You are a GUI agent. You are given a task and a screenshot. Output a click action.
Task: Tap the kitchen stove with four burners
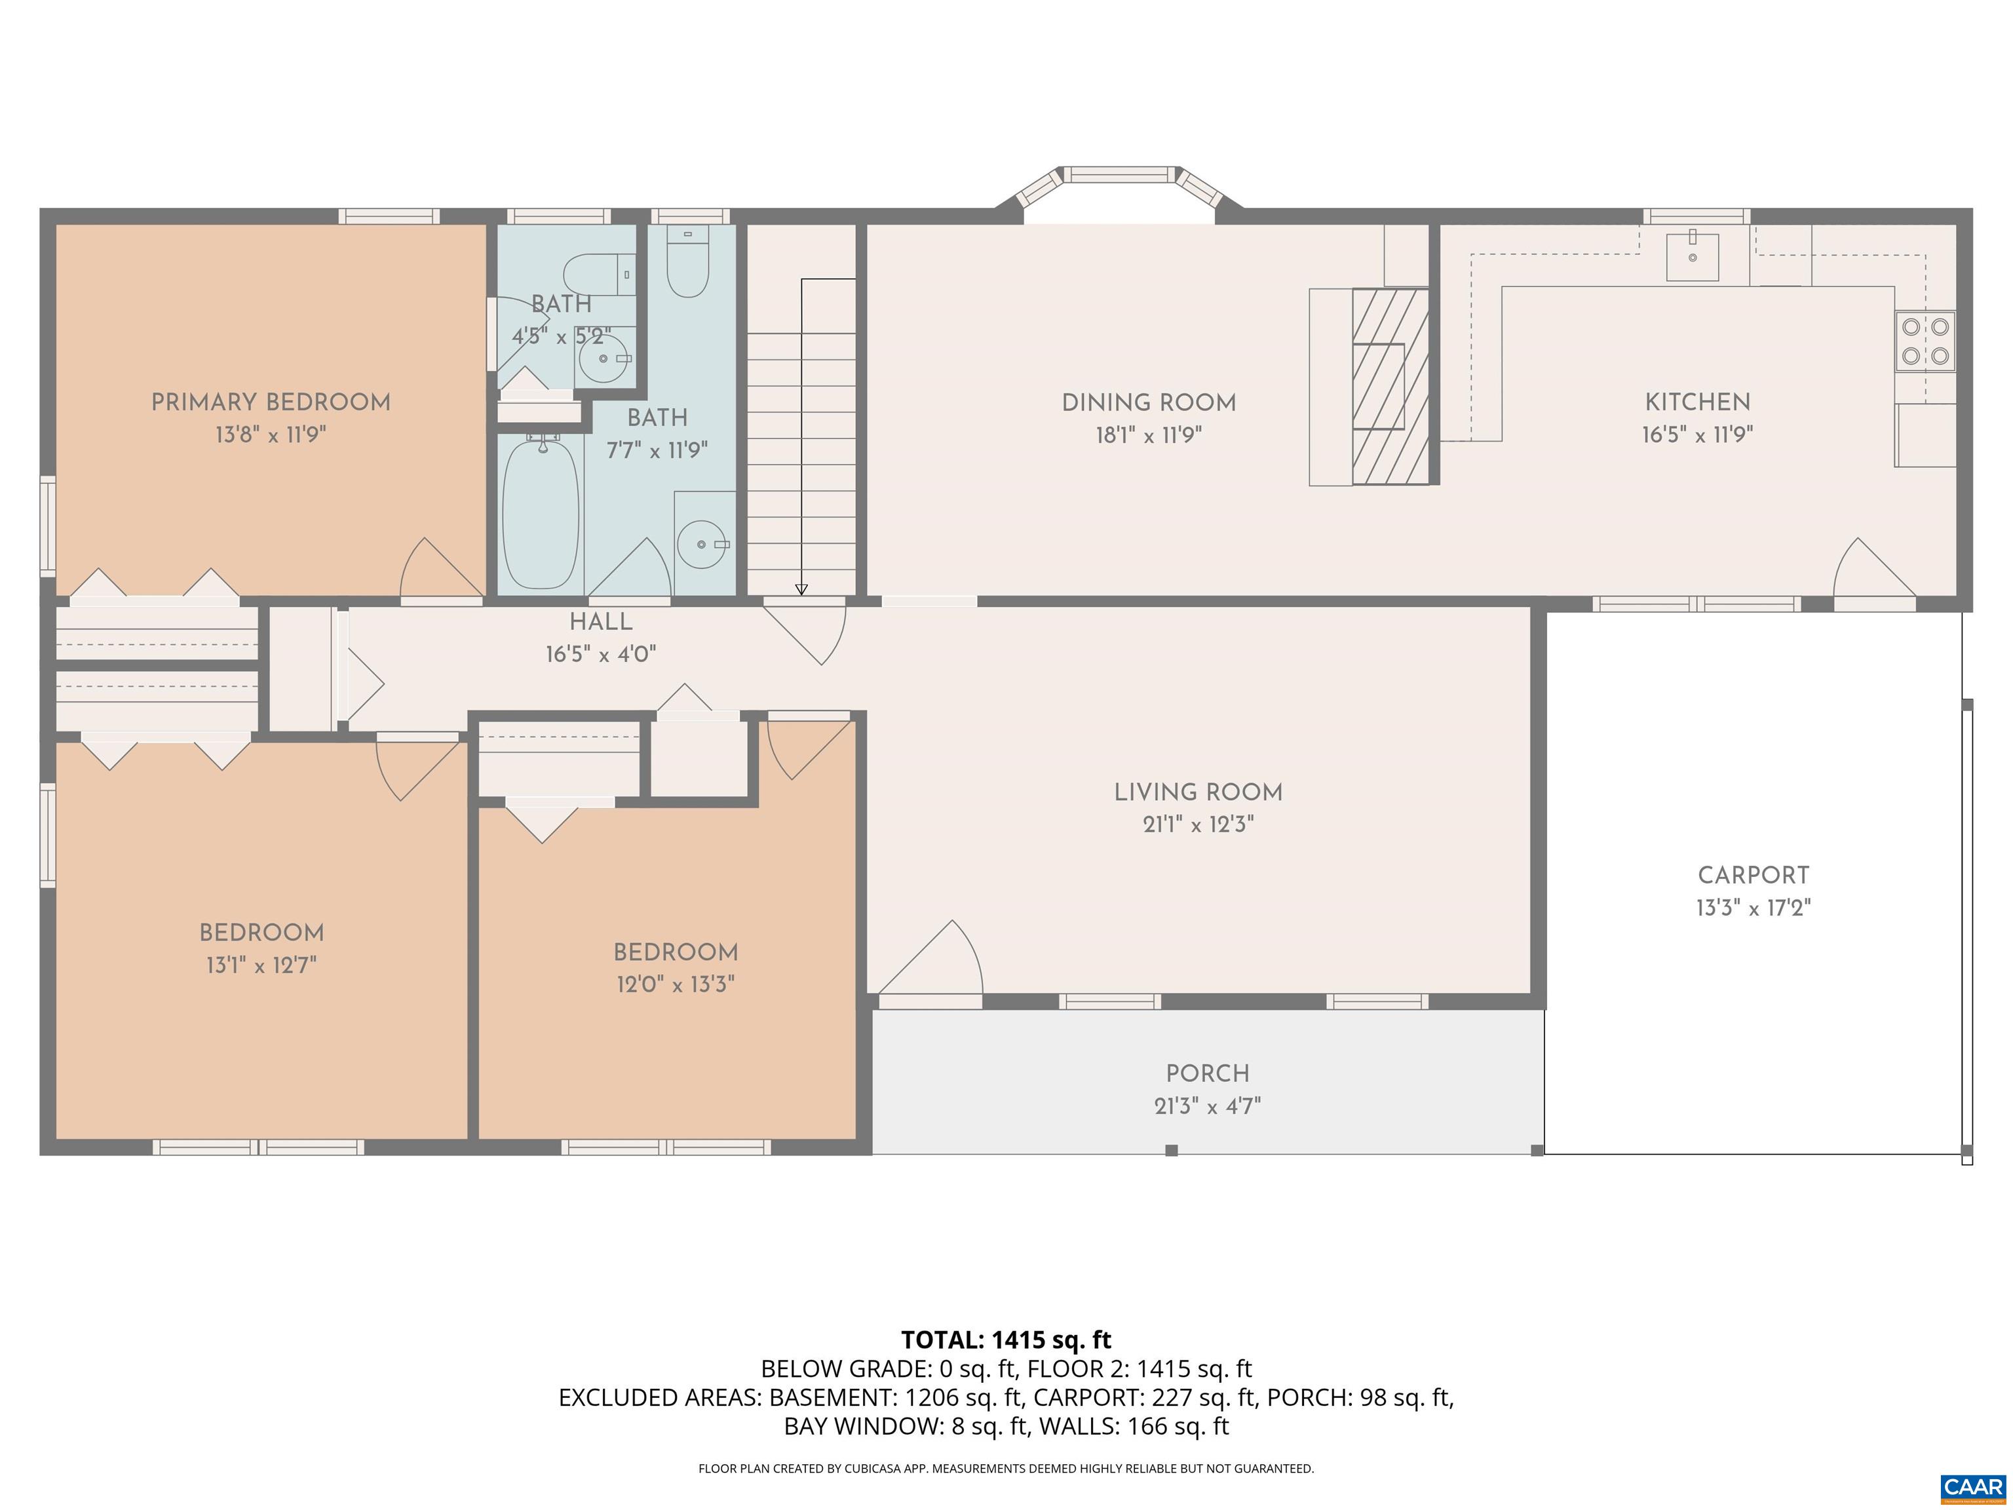(1925, 341)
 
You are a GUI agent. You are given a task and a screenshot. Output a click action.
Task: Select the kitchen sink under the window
(1692, 257)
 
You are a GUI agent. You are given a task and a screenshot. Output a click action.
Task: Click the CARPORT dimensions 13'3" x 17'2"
(1753, 908)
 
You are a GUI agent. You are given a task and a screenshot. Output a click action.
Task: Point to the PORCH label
(1207, 1073)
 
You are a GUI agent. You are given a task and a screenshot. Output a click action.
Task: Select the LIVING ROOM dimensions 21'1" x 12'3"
(1198, 824)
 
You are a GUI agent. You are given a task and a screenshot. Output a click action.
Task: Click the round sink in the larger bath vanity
(702, 544)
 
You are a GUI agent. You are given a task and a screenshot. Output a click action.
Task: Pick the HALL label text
(601, 622)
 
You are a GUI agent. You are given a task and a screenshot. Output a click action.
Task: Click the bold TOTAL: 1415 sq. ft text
(1006, 1340)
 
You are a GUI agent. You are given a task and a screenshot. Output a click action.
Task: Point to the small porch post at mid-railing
(1171, 1150)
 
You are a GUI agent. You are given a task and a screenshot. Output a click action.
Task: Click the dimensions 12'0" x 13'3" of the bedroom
(675, 985)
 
